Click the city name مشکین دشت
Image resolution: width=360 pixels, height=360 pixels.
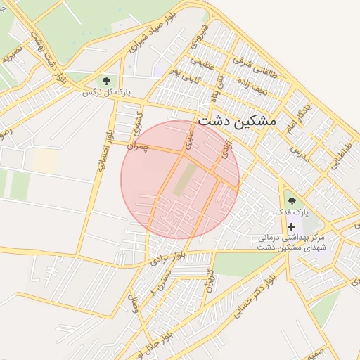click(x=237, y=120)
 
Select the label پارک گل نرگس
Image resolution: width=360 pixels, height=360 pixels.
click(x=107, y=92)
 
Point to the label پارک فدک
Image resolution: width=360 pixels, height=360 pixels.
click(x=292, y=212)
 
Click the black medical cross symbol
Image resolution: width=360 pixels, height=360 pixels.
click(x=292, y=226)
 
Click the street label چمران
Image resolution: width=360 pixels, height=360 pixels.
click(x=138, y=146)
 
